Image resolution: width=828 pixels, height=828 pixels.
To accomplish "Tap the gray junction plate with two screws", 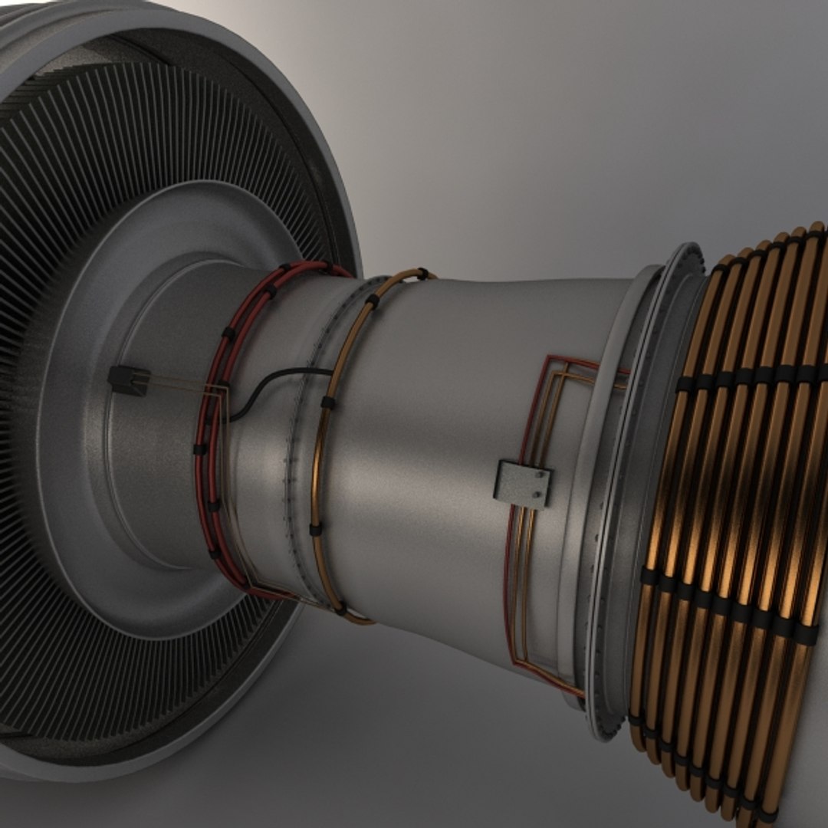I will tap(523, 484).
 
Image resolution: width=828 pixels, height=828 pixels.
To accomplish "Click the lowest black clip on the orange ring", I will tap(340, 610).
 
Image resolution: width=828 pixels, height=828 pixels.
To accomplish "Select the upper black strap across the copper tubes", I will tap(751, 376).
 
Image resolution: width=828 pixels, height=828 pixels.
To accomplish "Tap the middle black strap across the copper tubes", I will tap(728, 606).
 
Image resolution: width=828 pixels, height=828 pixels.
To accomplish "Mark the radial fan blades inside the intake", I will tap(153, 123).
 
